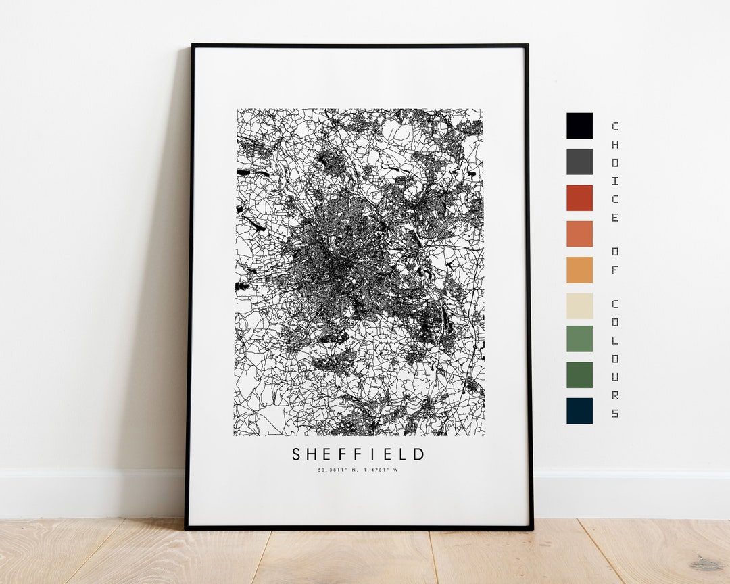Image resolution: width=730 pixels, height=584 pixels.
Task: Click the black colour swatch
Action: [x=579, y=126]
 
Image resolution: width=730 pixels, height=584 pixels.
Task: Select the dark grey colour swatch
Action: [x=579, y=162]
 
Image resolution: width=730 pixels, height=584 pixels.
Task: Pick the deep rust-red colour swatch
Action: [x=579, y=197]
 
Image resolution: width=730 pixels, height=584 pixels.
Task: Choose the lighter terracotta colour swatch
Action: [x=579, y=234]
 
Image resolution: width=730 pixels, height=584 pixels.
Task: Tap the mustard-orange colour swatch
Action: [x=579, y=270]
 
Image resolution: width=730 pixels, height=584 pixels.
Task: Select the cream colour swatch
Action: [x=579, y=306]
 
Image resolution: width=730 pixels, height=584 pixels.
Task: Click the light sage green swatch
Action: [x=579, y=339]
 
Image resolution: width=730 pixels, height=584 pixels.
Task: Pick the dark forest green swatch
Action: [x=579, y=374]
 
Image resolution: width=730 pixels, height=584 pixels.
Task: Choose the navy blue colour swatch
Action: [x=579, y=410]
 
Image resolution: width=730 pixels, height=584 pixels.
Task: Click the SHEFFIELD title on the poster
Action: [x=359, y=454]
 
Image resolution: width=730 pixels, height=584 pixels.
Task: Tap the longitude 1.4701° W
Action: [x=379, y=470]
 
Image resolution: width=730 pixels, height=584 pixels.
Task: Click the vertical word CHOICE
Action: [x=614, y=172]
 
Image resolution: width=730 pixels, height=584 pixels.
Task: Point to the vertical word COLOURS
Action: [x=614, y=358]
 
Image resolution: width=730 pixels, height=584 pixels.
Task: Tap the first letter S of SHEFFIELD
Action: [x=296, y=454]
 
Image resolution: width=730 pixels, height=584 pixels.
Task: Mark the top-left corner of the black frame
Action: [x=193, y=45]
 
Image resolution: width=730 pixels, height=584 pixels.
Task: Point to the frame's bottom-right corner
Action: [x=531, y=528]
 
